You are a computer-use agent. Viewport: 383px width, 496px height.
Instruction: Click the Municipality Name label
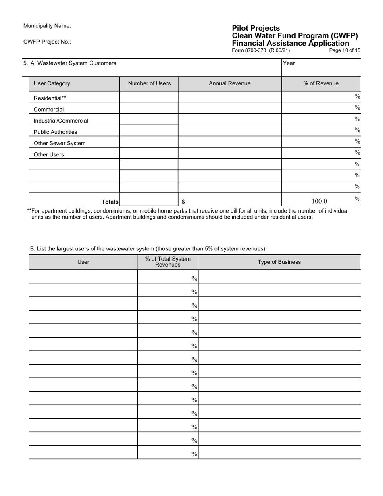tap(47, 26)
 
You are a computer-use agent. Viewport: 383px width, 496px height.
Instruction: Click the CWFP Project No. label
tap(47, 42)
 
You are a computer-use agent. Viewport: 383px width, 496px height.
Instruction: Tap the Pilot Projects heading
tap(256, 28)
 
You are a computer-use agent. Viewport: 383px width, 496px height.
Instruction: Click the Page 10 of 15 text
tap(345, 50)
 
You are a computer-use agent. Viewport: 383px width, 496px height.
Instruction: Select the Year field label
tap(289, 63)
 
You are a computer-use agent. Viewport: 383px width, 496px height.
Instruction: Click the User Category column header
tap(52, 83)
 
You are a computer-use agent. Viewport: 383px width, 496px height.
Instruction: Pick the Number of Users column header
tap(149, 83)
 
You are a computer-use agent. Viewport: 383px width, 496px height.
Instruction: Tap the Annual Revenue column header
tap(229, 83)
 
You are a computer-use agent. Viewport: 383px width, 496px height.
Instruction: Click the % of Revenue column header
tap(321, 83)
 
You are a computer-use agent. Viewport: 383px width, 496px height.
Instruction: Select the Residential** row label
tap(50, 98)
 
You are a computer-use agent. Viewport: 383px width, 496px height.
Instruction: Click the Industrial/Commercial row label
tap(61, 121)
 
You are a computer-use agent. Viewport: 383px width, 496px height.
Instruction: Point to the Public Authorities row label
tap(55, 132)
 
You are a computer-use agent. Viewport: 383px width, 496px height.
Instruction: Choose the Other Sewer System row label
tap(60, 143)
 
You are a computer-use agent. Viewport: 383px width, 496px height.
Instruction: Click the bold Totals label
tap(110, 202)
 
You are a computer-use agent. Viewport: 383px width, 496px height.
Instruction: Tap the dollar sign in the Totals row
tap(183, 202)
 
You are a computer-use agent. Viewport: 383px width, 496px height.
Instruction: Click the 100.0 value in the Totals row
tap(319, 201)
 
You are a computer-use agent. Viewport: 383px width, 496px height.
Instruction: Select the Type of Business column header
tap(279, 262)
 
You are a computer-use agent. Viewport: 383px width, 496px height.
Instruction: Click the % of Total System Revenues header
tap(168, 262)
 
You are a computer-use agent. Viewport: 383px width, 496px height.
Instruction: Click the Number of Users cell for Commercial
tap(149, 108)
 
